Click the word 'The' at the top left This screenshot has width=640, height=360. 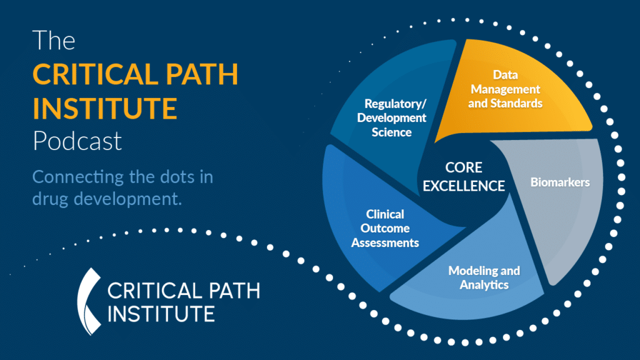[x=54, y=41]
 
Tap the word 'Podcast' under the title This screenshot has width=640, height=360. [x=77, y=141]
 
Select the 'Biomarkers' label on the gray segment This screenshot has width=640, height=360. [x=560, y=182]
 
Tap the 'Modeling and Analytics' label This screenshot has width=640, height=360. [x=484, y=277]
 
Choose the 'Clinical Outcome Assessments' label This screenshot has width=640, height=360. [x=385, y=228]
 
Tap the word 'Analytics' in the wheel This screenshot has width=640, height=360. [x=484, y=285]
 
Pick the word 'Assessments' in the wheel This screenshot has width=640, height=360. [x=385, y=242]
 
